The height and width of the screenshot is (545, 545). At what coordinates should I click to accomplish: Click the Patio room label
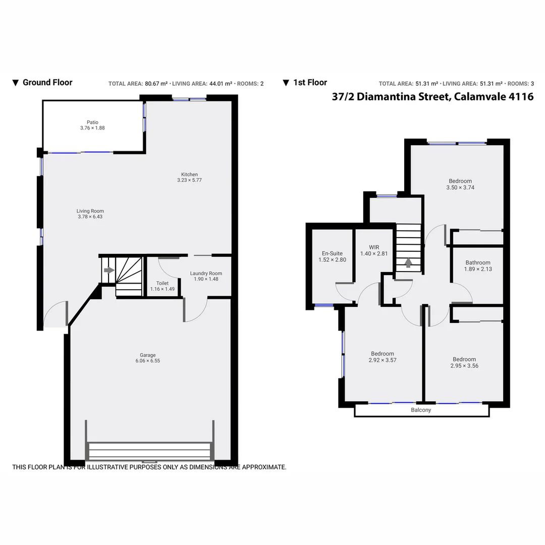pyautogui.click(x=92, y=122)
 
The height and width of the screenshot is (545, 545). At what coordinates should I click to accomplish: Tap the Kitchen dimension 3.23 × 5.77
pyautogui.click(x=189, y=180)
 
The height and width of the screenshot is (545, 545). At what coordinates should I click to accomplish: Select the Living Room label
pyautogui.click(x=90, y=211)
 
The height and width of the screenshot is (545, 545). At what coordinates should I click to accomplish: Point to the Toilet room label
pyautogui.click(x=162, y=283)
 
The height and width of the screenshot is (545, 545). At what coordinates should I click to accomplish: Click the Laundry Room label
pyautogui.click(x=206, y=274)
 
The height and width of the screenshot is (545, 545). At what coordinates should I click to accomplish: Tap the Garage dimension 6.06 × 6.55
pyautogui.click(x=147, y=361)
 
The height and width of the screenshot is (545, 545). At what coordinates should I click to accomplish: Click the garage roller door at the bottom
pyautogui.click(x=149, y=450)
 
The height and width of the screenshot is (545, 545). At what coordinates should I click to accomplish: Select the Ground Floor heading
pyautogui.click(x=47, y=83)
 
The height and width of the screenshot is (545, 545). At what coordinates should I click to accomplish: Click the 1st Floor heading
pyautogui.click(x=310, y=83)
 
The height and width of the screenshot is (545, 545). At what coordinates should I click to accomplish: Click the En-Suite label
pyautogui.click(x=332, y=253)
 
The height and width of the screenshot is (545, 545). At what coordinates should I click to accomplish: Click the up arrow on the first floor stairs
pyautogui.click(x=408, y=263)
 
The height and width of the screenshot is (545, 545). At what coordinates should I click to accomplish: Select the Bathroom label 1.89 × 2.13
pyautogui.click(x=477, y=262)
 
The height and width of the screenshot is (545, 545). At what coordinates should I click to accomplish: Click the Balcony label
pyautogui.click(x=421, y=410)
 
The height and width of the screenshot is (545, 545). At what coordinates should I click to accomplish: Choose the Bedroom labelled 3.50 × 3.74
pyautogui.click(x=460, y=181)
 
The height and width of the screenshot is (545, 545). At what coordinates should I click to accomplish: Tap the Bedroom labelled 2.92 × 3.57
pyautogui.click(x=382, y=354)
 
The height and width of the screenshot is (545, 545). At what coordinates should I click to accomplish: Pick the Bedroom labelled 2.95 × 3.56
pyautogui.click(x=464, y=359)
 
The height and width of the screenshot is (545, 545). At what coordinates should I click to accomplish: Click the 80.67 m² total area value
pyautogui.click(x=156, y=84)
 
